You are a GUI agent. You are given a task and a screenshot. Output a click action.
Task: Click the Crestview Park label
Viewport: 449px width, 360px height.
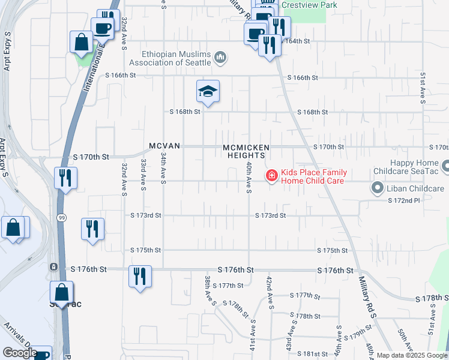(309, 5)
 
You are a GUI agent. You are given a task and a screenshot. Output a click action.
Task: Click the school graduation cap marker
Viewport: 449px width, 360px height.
(208, 91)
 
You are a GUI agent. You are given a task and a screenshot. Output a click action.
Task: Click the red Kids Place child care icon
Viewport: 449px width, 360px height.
(271, 175)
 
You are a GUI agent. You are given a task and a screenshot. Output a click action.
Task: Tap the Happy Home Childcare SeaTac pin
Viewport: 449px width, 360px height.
(446, 165)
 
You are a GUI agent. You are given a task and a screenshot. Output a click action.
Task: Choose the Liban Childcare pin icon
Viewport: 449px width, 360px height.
(377, 188)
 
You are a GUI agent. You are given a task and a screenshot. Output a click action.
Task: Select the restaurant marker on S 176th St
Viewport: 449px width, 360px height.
(140, 276)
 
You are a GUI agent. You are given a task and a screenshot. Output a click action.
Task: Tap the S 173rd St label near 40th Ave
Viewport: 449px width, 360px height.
(270, 215)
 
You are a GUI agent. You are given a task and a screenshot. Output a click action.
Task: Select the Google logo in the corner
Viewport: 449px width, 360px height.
(19, 353)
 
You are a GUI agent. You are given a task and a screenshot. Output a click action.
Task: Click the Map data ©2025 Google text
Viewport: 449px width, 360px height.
(412, 355)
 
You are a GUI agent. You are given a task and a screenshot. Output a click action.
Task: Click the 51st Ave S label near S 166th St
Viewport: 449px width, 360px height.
(423, 87)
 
